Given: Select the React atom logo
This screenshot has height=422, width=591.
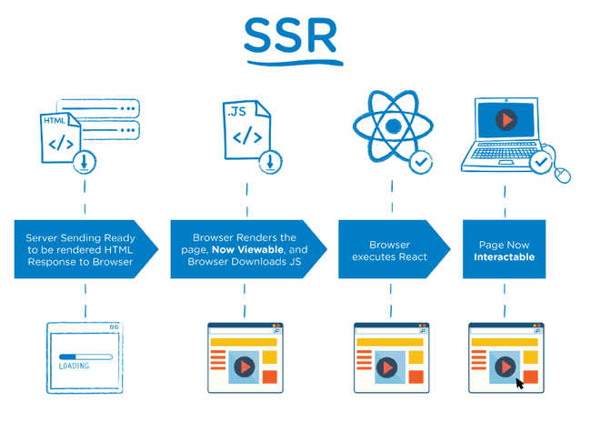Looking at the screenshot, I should coord(391,127).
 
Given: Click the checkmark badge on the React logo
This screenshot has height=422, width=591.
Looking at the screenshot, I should coord(421,162).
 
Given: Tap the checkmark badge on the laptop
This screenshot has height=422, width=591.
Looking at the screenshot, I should coord(541,162).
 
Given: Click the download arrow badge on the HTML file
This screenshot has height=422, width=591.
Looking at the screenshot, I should coord(84,162).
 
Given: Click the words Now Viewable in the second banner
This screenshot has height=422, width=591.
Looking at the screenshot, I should coord(246,249).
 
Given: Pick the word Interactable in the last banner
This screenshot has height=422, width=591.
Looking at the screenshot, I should coord(504,256).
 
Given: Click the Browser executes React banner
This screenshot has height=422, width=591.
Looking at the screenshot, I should coord(388,250).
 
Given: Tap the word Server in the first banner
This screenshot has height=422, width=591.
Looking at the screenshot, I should coord(45,236).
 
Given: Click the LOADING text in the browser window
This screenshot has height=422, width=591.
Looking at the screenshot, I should coord(75,367).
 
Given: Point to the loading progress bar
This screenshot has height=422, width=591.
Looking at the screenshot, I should coord(85,357).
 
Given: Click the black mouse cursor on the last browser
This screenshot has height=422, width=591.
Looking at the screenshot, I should coord(521,383).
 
